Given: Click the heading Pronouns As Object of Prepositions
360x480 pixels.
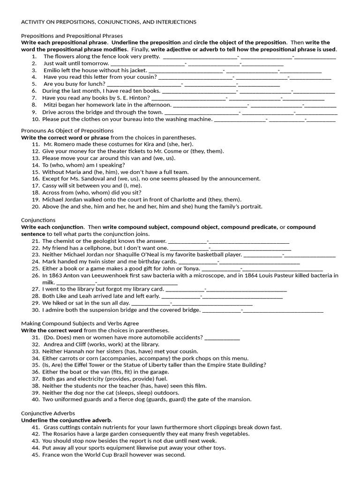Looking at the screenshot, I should [67, 130].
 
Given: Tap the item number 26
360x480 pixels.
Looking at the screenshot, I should [36, 276].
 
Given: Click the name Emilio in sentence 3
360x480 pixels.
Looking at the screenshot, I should [52, 70].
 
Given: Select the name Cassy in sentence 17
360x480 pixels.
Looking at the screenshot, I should [51, 186].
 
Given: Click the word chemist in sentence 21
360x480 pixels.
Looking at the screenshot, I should [64, 241].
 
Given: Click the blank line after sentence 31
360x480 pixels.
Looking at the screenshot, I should [222, 337].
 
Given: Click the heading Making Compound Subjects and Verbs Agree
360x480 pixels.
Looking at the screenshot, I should [80, 323].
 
